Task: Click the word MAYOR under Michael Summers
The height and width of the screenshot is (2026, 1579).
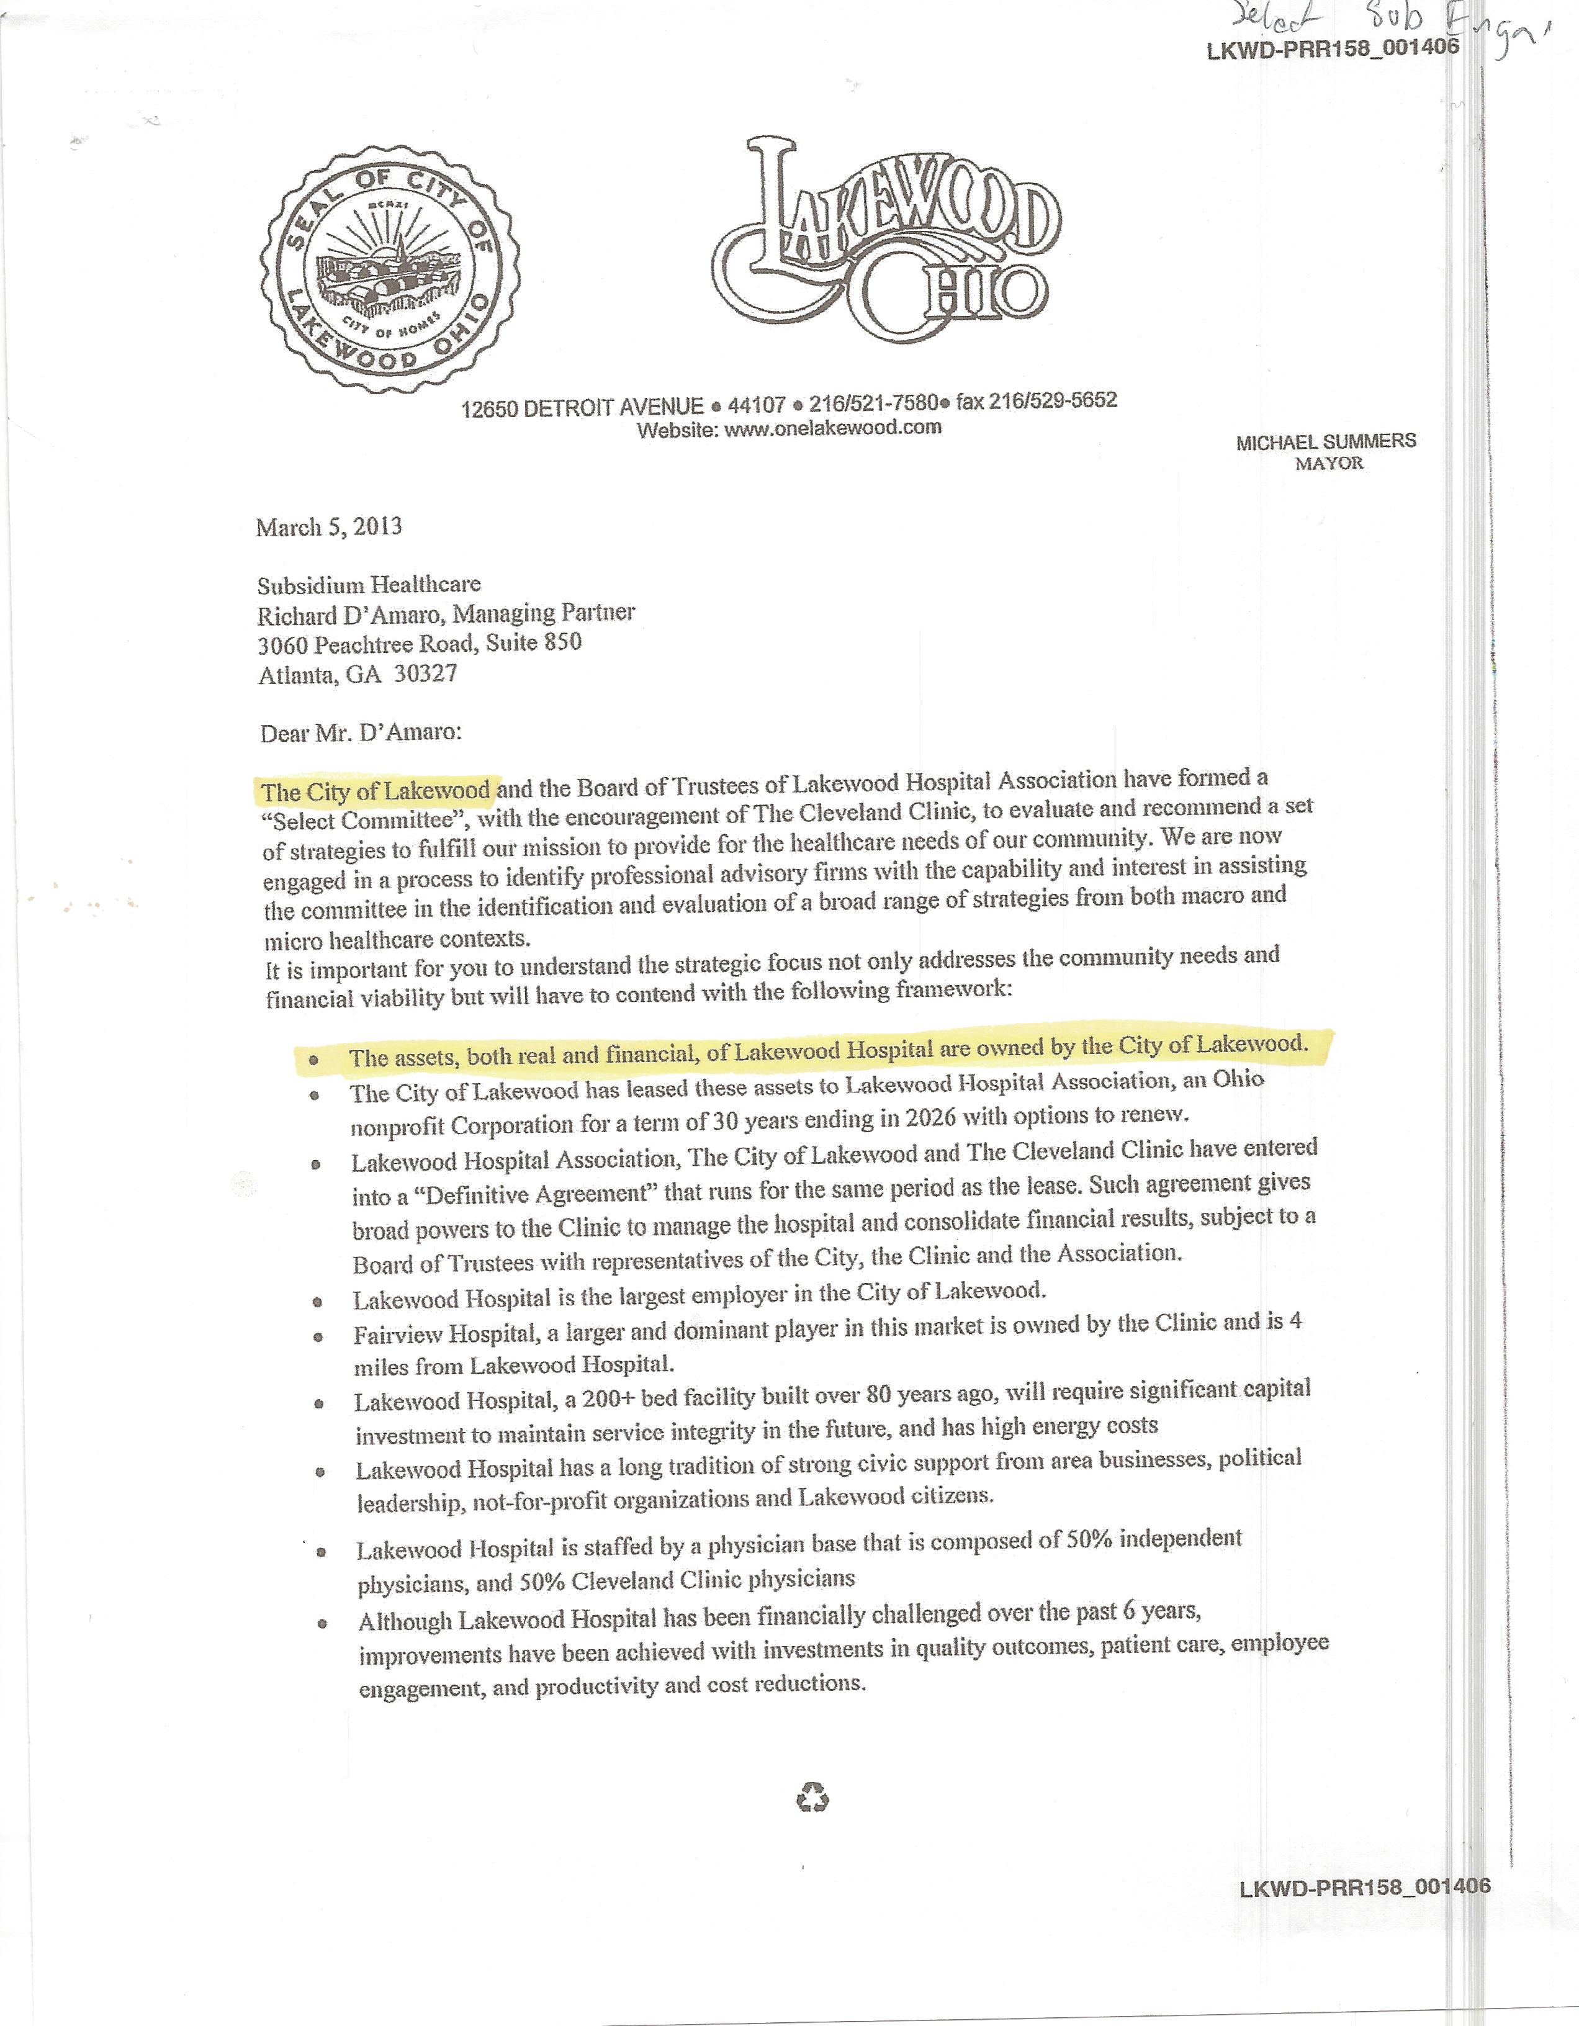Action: point(1328,463)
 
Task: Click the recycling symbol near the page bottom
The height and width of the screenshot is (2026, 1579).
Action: point(812,1799)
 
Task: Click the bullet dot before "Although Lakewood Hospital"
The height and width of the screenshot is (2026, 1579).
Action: point(322,1624)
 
